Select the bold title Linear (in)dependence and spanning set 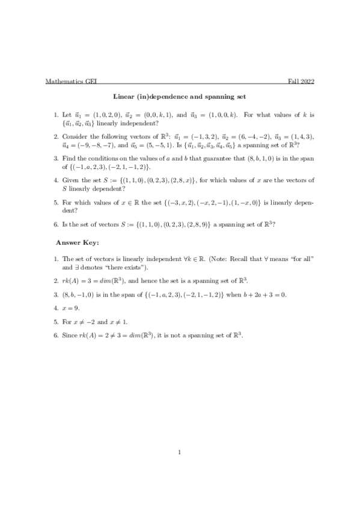tap(180, 96)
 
